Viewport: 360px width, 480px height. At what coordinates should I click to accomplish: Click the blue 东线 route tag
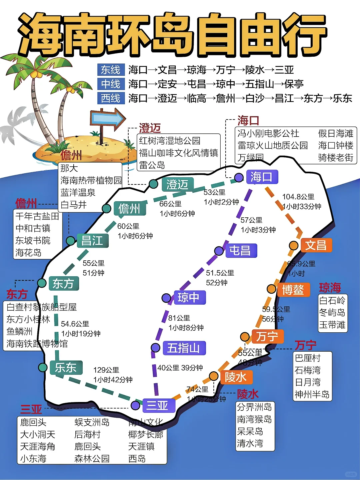click(111, 70)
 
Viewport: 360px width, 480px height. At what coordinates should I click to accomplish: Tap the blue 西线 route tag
click(111, 98)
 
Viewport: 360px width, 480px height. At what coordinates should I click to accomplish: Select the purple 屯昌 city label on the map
click(240, 250)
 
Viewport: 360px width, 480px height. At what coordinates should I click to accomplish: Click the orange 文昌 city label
click(316, 245)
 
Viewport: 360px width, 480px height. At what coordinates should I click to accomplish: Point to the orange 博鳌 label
click(293, 290)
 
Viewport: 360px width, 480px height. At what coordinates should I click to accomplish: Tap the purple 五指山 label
click(184, 348)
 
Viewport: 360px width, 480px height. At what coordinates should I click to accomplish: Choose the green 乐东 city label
click(66, 368)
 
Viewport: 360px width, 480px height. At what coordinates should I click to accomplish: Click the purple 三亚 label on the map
click(157, 405)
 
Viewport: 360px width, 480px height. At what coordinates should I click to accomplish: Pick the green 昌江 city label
click(92, 240)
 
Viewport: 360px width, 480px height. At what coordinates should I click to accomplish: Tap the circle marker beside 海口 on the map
click(239, 178)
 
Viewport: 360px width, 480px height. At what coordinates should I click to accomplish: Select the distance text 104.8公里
click(298, 197)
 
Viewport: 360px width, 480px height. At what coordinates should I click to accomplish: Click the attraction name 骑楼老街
click(335, 157)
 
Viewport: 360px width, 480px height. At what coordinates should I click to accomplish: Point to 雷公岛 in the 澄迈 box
click(152, 165)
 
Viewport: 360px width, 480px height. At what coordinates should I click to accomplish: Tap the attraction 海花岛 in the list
click(29, 252)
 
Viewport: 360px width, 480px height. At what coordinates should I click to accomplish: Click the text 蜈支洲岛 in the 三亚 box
click(92, 422)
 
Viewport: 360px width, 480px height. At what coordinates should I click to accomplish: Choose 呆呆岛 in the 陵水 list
click(250, 431)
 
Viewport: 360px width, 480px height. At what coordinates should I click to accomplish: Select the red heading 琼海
click(330, 287)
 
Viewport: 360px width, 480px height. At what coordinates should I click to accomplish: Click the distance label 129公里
click(106, 370)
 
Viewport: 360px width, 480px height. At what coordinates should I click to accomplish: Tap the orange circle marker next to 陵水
click(213, 376)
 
